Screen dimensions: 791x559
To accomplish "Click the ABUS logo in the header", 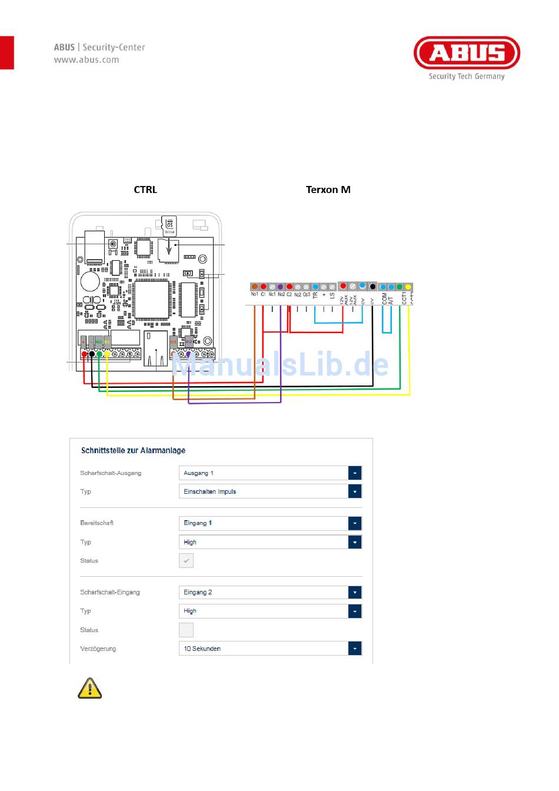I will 467,53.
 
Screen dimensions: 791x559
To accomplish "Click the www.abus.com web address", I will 86,59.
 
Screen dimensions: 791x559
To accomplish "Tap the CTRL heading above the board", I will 145,190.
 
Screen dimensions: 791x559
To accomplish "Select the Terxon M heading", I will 328,190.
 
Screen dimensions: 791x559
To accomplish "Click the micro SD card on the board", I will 169,224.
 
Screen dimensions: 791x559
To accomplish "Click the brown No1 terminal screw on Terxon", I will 255,287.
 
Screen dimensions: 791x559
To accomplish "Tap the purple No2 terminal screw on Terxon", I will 281,287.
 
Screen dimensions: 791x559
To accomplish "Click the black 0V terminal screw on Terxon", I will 372,287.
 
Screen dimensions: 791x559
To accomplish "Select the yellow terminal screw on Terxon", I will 408,287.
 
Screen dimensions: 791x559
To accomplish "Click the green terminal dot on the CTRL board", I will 99,354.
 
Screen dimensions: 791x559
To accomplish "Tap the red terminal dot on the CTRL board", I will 84,354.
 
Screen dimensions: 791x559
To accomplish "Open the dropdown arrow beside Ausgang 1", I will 355,473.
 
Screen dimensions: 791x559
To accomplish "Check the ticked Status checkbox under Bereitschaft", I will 186,561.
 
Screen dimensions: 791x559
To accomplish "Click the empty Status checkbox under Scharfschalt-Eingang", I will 186,630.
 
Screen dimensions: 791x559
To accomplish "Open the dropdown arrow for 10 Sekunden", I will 355,649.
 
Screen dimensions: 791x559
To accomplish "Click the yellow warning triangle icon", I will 89,688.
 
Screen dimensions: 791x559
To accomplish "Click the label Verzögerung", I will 98,649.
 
